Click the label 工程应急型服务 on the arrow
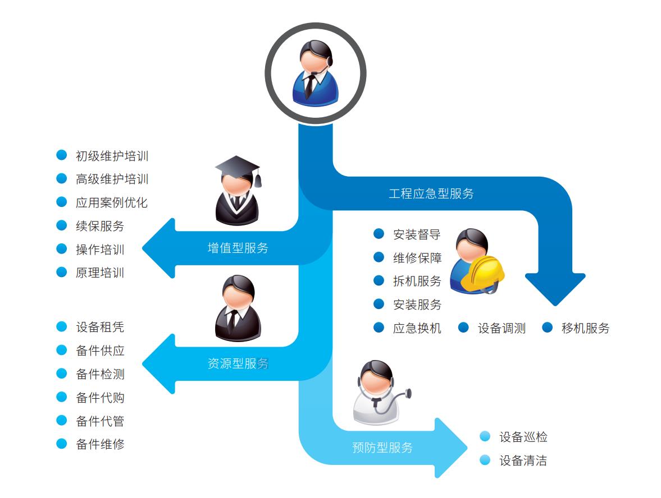[431, 194]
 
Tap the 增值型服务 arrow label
[238, 248]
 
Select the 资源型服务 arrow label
[238, 363]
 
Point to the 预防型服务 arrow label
[382, 448]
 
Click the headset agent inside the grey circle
[314, 73]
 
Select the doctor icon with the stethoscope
[377, 393]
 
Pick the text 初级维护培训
[112, 156]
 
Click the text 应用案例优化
[112, 202]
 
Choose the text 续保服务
[100, 226]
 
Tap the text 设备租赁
[100, 327]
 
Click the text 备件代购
[100, 398]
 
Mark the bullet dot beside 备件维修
[62, 444]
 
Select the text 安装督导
[417, 234]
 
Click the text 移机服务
[585, 328]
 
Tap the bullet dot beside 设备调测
[463, 328]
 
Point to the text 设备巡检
[523, 437]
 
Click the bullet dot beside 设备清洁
[485, 460]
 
